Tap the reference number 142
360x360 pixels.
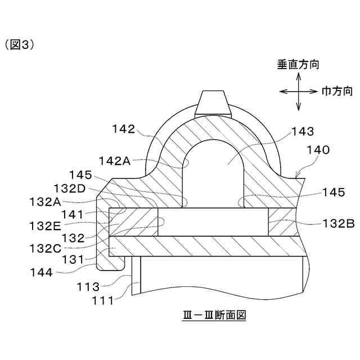[123, 129]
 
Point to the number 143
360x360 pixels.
[304, 132]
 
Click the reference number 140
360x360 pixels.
[318, 151]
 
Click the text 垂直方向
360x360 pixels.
[298, 65]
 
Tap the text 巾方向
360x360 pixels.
[337, 91]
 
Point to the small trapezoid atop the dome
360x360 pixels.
[213, 102]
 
